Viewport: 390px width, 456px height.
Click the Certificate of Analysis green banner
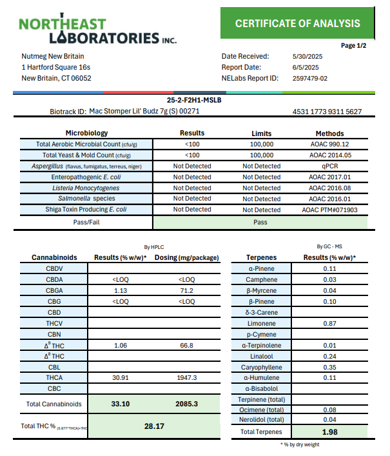[297, 23]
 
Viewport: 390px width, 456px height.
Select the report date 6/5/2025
[307, 67]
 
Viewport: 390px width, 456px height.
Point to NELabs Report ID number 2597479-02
[310, 78]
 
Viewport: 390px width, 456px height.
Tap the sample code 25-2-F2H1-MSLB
[195, 101]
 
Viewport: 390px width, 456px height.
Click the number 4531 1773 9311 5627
[327, 112]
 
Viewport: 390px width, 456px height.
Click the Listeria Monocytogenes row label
[86, 188]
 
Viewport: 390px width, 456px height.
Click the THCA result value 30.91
[120, 378]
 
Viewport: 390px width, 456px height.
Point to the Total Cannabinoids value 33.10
[120, 404]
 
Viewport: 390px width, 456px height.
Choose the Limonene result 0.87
[330, 323]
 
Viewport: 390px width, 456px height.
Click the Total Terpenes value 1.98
[330, 431]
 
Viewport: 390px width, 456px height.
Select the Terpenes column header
[262, 257]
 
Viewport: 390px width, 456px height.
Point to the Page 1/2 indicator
[353, 46]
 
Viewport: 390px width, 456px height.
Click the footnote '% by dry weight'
[300, 444]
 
